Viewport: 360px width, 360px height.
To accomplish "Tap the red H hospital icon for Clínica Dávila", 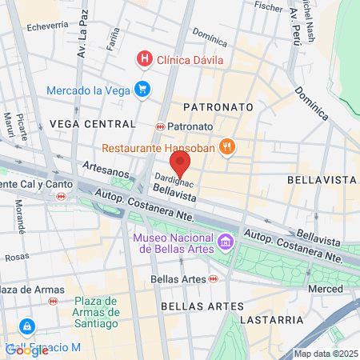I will pyautogui.click(x=144, y=58).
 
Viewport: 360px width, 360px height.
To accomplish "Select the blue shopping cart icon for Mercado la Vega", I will pyautogui.click(x=142, y=89).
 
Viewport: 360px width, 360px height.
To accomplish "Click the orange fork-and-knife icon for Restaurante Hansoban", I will pyautogui.click(x=228, y=146).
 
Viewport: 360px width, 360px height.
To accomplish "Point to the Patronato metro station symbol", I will pyautogui.click(x=161, y=126).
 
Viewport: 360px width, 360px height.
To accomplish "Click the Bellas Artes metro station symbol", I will pyautogui.click(x=214, y=278).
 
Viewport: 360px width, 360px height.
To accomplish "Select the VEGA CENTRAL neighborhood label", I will pyautogui.click(x=93, y=124).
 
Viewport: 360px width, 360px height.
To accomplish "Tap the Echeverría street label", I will pyautogui.click(x=47, y=26).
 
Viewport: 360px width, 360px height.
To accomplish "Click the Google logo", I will pyautogui.click(x=26, y=350).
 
